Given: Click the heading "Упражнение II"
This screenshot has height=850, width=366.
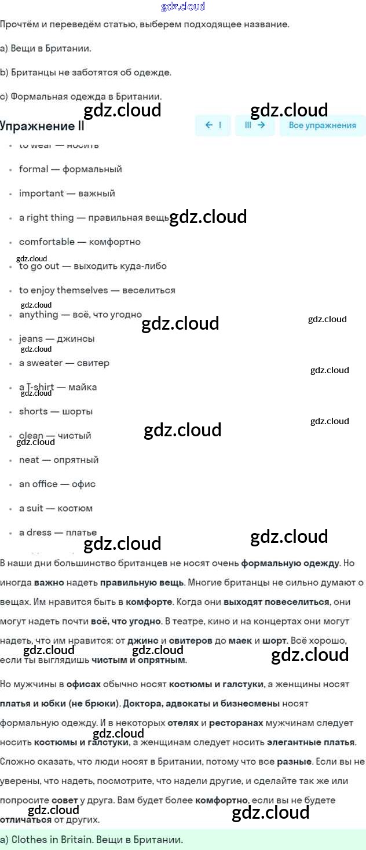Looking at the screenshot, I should [42, 126].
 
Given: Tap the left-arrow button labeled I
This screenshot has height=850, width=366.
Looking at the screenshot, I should [213, 125].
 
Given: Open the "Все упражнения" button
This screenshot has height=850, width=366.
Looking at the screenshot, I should [322, 125].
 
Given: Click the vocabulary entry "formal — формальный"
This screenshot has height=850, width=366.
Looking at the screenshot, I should [70, 169].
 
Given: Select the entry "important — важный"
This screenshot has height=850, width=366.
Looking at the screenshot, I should [67, 194].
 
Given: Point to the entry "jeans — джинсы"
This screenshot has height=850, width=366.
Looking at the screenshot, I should [57, 339].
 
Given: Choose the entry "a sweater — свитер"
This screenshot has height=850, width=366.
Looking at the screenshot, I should [64, 363].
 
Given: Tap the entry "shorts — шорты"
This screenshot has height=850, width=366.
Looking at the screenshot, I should [56, 411].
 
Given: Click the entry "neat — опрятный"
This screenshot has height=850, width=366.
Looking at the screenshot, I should [58, 460].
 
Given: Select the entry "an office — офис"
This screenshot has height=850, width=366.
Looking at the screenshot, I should [57, 484].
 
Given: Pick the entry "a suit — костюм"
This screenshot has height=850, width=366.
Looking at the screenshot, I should [56, 509].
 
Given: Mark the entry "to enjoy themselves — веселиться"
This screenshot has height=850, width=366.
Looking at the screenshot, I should [97, 290].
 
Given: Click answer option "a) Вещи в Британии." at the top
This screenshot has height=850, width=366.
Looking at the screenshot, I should [46, 49].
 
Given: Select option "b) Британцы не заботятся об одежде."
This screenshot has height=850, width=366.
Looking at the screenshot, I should [86, 73].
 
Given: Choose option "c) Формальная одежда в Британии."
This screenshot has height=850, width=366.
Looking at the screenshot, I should [81, 97].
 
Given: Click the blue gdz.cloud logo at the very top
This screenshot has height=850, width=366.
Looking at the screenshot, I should [183, 7].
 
